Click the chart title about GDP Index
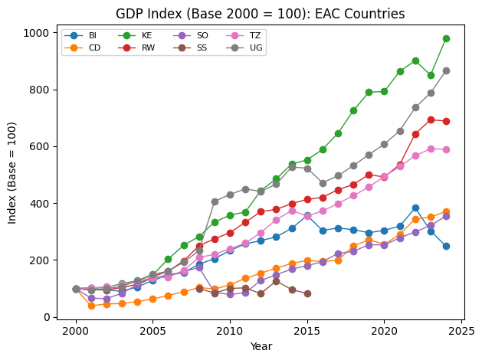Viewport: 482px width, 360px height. pyautogui.click(x=260, y=14)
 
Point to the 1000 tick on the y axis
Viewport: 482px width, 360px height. pyautogui.click(x=39, y=33)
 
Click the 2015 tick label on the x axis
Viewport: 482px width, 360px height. pyautogui.click(x=307, y=332)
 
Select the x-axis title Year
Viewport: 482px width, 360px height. pyautogui.click(x=261, y=347)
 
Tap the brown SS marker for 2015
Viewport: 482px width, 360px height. pyautogui.click(x=307, y=293)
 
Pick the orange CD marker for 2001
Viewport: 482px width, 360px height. pyautogui.click(x=91, y=306)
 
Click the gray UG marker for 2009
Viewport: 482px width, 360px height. pyautogui.click(x=215, y=201)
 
